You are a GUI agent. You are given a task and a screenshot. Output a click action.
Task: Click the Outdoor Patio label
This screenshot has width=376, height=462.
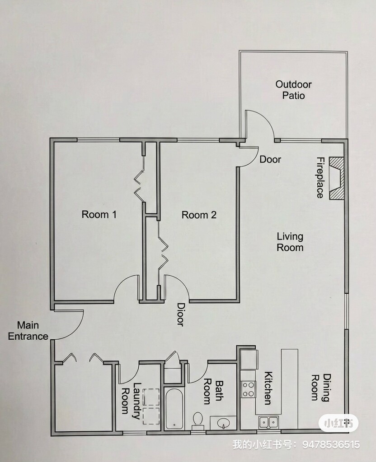pyautogui.click(x=293, y=90)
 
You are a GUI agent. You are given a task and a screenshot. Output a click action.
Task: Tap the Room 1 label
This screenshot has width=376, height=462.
pyautogui.click(x=99, y=214)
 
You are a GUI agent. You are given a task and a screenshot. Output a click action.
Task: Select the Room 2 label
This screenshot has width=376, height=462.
pyautogui.click(x=199, y=215)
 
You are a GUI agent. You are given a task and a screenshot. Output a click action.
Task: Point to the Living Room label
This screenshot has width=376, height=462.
pyautogui.click(x=290, y=242)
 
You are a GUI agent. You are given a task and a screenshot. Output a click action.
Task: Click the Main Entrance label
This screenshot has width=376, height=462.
pyautogui.click(x=28, y=331)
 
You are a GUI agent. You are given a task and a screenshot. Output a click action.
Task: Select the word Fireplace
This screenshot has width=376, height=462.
pyautogui.click(x=320, y=177)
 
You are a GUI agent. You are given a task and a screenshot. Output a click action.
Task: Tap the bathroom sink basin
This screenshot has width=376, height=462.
pyautogui.click(x=223, y=423)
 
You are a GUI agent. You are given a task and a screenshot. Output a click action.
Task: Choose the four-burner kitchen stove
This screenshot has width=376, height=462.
pyautogui.click(x=248, y=389)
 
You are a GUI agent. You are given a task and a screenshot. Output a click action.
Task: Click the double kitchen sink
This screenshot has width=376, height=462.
pyautogui.click(x=268, y=422)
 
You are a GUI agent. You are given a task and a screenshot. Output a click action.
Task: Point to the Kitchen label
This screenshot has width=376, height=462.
pyautogui.click(x=268, y=388)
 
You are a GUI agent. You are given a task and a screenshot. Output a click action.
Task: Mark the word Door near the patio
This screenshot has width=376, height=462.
pyautogui.click(x=270, y=159)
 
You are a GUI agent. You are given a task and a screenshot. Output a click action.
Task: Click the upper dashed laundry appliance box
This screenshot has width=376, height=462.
pyautogui.click(x=151, y=397)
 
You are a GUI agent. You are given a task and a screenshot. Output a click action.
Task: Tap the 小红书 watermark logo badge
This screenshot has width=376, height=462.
pyautogui.click(x=338, y=423)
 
